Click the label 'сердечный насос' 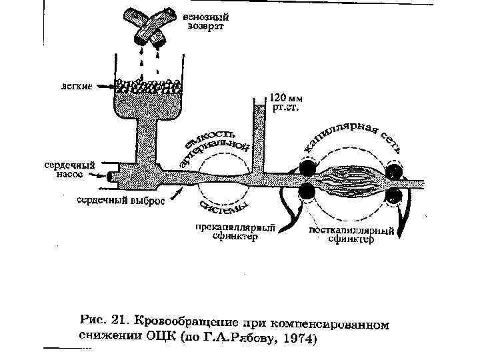click(69, 167)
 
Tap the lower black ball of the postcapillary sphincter click(394, 195)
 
